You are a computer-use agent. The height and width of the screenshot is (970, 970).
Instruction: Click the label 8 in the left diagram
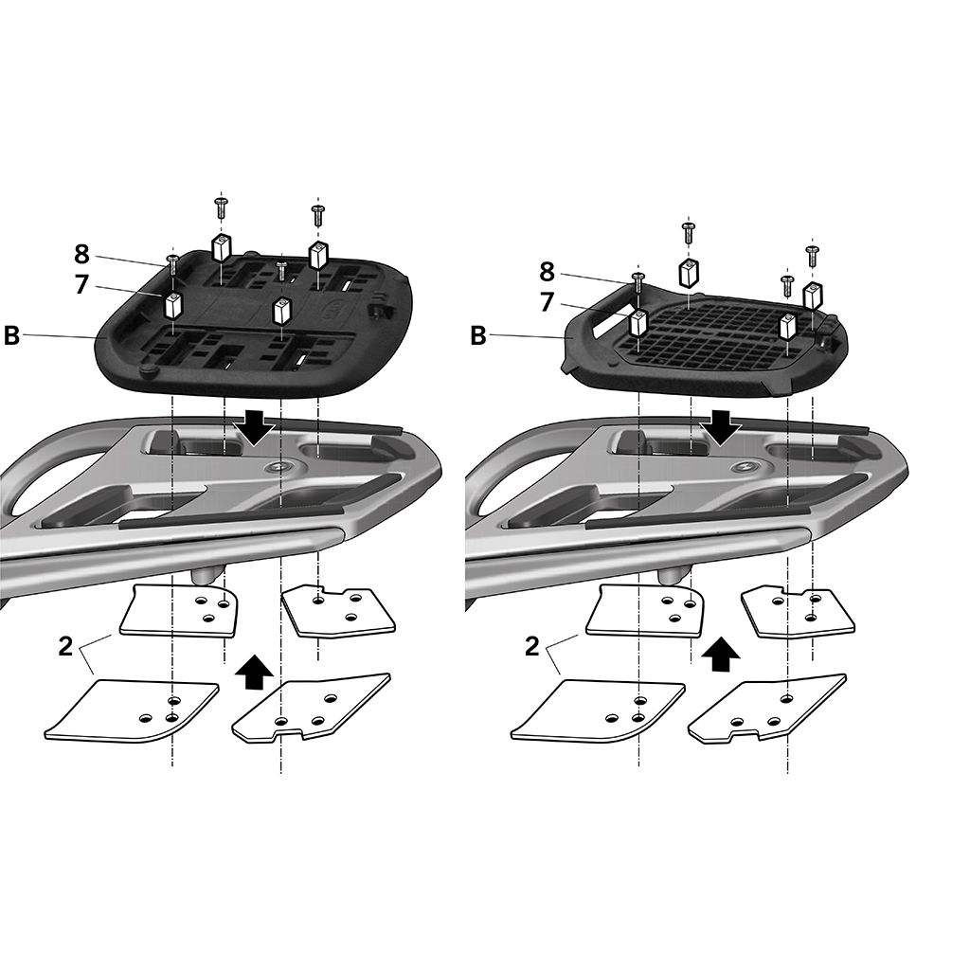click(x=81, y=254)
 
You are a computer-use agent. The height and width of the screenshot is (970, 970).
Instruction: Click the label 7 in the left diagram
click(x=81, y=284)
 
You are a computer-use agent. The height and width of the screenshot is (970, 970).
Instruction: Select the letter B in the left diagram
click(x=11, y=335)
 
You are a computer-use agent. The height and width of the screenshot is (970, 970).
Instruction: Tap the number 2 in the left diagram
click(x=65, y=647)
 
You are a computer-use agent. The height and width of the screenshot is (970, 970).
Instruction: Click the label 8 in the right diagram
click(x=547, y=272)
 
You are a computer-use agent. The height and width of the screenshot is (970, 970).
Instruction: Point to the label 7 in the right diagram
click(x=547, y=302)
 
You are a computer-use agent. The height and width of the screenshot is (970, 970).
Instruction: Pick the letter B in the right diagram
click(x=478, y=335)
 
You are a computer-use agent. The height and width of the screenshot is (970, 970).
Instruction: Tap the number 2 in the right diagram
click(x=531, y=647)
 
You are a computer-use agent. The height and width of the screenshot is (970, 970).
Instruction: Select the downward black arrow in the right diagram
click(x=723, y=427)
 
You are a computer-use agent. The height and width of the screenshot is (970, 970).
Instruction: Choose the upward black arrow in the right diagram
click(x=722, y=654)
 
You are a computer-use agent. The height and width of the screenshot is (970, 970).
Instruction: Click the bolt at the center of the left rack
click(x=278, y=467)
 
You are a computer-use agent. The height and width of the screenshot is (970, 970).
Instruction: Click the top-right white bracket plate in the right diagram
click(x=799, y=611)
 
